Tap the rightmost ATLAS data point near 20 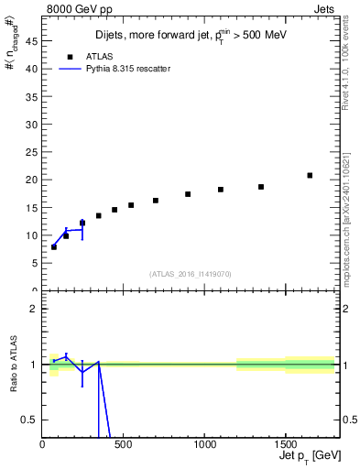click(310, 175)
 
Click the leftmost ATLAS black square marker click(54, 247)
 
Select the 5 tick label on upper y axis click(34, 263)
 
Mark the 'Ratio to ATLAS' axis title click(13, 364)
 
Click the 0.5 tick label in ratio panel click(30, 420)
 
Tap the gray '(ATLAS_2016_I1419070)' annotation click(191, 273)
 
